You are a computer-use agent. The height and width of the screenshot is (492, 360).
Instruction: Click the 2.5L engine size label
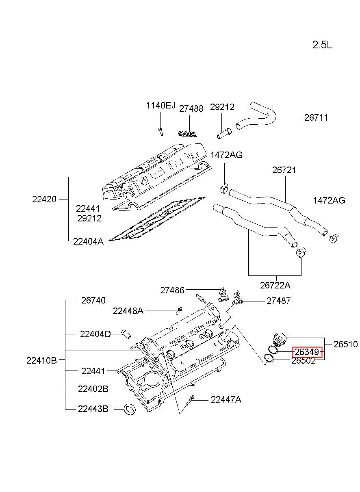point(322,45)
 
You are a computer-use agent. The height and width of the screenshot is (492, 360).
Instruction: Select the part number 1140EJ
point(161,106)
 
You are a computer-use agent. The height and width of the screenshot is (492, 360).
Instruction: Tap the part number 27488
point(191,109)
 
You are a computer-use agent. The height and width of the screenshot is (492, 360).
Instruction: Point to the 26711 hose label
point(316,118)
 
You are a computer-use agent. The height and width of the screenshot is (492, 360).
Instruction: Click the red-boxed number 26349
point(307,352)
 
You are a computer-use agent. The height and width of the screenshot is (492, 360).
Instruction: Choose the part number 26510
point(345,344)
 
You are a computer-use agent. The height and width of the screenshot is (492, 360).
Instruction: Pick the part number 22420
point(44,199)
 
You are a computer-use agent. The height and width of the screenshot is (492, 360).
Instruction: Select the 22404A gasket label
point(88,241)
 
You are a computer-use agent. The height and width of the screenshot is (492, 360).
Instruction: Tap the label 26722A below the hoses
point(275,285)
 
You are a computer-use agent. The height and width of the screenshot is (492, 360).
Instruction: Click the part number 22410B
point(41,360)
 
